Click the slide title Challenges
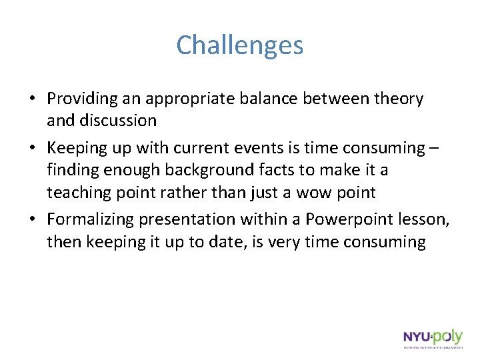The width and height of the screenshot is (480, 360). pyautogui.click(x=240, y=45)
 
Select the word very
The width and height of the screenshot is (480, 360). pyautogui.click(x=282, y=241)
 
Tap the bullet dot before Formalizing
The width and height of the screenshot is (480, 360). pyautogui.click(x=32, y=220)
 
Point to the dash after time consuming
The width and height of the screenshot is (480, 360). pyautogui.click(x=435, y=149)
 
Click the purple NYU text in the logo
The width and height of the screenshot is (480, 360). pyautogui.click(x=416, y=337)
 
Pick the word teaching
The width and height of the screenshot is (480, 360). pyautogui.click(x=79, y=193)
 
